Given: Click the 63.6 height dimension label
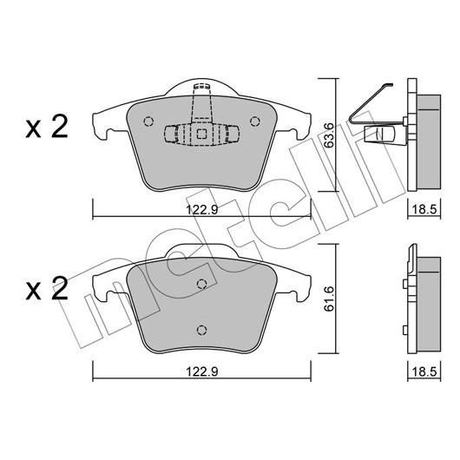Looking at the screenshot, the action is pos(329,135).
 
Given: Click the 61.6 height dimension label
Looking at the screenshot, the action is pos(329,299).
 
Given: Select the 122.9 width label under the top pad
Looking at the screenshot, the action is pos(202,209).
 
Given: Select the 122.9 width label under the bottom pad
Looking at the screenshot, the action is pos(202,371).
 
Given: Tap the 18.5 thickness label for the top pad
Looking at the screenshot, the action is pos(424,209).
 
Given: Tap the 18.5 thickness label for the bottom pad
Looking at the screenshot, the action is pos(424,371).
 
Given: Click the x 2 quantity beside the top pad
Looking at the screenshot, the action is pos(47,127).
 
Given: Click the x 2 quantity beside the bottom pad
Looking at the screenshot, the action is pos(47,289).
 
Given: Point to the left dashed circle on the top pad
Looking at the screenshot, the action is pos(148,122).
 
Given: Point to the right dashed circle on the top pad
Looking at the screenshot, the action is pos(255,122).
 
